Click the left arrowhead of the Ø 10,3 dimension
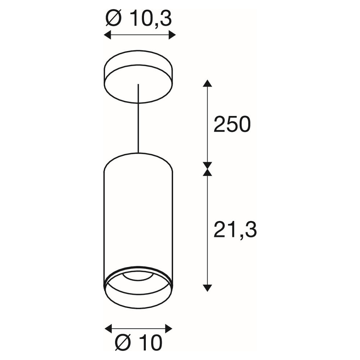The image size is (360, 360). (107, 35)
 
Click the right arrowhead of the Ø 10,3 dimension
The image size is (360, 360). (172, 35)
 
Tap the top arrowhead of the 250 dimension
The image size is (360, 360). (207, 83)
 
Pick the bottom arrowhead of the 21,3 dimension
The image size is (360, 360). (207, 288)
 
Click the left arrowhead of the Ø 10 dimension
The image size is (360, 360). (108, 329)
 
